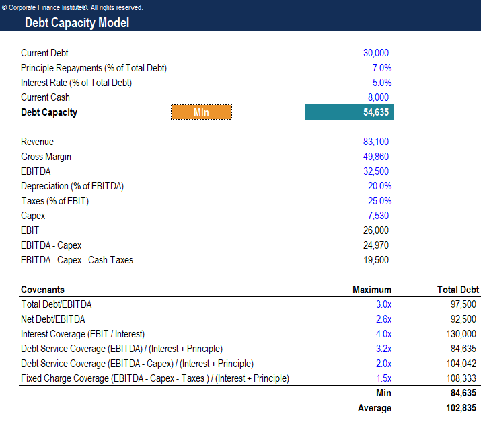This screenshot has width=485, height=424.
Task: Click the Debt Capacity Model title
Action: (77, 23)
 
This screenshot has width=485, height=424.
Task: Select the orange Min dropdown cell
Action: (201, 112)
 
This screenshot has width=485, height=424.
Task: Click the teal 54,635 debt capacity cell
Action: (349, 112)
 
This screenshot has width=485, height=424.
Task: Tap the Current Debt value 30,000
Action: (375, 53)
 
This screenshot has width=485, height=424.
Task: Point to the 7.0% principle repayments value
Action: (381, 68)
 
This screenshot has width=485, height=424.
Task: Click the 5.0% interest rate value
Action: (381, 83)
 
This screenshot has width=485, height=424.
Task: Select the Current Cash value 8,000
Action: (379, 97)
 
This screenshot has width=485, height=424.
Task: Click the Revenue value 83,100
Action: (375, 142)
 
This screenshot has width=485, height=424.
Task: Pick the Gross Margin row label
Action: (46, 157)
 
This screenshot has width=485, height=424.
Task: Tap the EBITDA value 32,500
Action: (375, 171)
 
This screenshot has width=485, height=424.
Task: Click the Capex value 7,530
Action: (378, 216)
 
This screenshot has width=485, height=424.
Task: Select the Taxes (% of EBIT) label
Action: (54, 201)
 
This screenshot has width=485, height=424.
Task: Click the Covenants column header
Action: (42, 290)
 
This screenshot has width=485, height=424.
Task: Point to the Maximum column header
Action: (371, 290)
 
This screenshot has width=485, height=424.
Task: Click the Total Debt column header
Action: (457, 290)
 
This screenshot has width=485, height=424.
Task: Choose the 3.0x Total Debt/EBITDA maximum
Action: (383, 304)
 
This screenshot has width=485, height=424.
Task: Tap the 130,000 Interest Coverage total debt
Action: (461, 334)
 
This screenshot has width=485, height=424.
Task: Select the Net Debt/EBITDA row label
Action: (52, 319)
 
